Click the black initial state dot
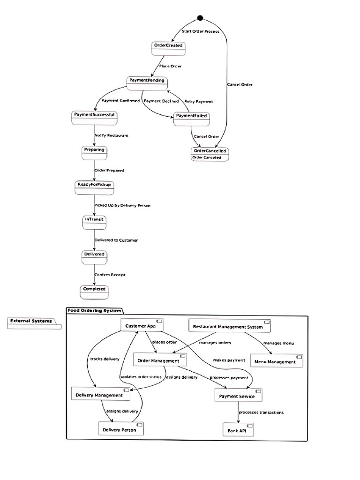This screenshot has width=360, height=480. pos(200,18)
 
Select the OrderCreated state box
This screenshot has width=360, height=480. pos(168,47)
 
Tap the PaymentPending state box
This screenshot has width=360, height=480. pos(146,82)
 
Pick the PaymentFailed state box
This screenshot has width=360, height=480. pos(191,118)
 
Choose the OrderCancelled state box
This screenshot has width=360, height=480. pos(210,154)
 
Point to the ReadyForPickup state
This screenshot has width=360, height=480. pos(95,187)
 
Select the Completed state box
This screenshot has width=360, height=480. pos(94,291)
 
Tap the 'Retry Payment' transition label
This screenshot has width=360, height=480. pos(198,101)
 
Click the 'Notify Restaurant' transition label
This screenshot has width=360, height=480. pos(111,135)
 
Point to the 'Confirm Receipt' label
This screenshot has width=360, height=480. pos(110,275)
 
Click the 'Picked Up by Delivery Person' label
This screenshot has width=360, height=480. pos(122,205)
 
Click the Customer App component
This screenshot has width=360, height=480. pos(141,326)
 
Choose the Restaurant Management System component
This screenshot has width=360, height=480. pos(229,326)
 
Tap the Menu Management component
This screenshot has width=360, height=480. pos(277,361)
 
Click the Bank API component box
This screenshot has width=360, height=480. pos(238,429)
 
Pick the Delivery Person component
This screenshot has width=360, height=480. pos(120,429)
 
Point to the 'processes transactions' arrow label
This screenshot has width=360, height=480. pos(261,412)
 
